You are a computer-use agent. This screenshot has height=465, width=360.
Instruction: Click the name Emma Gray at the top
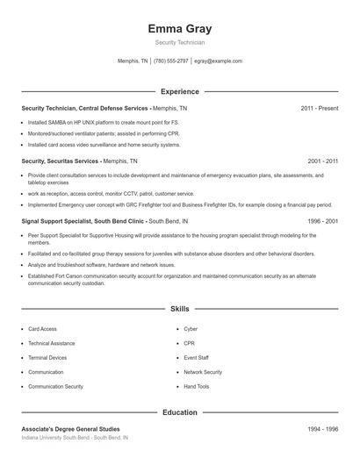(x=180, y=28)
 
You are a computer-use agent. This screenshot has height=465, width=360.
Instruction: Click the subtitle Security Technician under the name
(x=180, y=42)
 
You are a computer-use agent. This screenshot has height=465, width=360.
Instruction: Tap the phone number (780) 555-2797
(x=170, y=61)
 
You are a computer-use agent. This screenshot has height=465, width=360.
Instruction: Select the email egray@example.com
(x=219, y=61)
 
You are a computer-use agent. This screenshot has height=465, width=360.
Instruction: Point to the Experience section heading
(x=180, y=91)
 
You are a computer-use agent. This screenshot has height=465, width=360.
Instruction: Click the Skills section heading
(x=180, y=309)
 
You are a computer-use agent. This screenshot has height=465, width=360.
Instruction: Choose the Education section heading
(x=180, y=411)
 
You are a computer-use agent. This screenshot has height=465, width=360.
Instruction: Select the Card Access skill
(x=42, y=329)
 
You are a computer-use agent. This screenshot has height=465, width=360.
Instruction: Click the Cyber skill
(x=191, y=329)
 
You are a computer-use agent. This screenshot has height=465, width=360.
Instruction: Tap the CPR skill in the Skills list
(x=190, y=343)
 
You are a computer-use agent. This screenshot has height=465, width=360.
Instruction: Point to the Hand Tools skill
(x=197, y=386)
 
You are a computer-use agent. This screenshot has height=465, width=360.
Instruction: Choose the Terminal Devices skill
(x=47, y=358)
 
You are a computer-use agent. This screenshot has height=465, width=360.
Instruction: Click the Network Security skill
(x=203, y=372)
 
